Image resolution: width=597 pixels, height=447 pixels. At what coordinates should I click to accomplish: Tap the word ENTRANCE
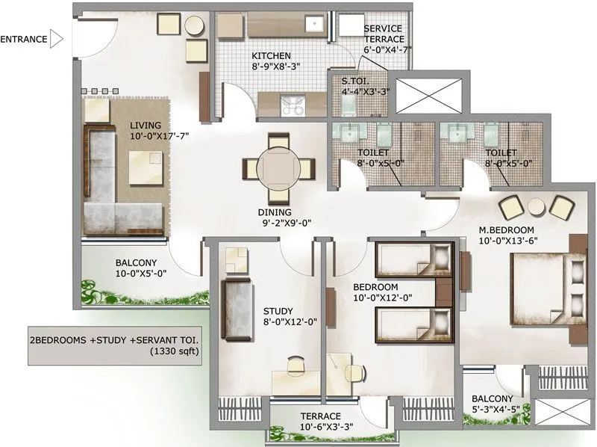[x=24, y=39]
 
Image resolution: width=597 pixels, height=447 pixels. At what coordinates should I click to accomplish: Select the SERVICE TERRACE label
[x=384, y=34]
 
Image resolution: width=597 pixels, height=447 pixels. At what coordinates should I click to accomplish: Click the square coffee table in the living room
[x=144, y=167]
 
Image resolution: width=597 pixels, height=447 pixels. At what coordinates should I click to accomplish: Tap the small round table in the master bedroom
[x=536, y=207]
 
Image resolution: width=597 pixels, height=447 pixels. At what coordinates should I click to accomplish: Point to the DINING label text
[x=274, y=212]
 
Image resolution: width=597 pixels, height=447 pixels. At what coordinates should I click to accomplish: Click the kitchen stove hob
[x=292, y=106]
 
